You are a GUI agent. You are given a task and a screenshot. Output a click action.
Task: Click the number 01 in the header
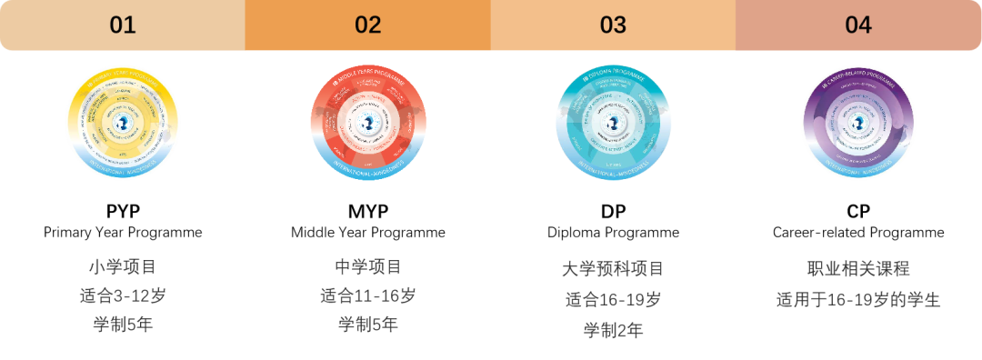click(x=123, y=25)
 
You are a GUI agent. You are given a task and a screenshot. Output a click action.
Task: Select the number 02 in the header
click(x=367, y=25)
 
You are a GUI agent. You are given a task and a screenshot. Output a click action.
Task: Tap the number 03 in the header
click(x=613, y=25)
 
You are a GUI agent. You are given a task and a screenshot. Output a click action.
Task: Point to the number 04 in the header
click(x=857, y=25)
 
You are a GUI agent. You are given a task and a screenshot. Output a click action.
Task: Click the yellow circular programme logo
click(x=123, y=123)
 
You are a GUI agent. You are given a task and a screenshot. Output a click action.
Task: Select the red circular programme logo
click(x=367, y=123)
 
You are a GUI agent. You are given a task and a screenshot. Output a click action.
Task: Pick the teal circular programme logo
click(x=613, y=123)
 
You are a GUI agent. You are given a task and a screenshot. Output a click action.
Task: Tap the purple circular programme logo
click(x=857, y=123)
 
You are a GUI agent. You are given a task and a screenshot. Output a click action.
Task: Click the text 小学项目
click(x=123, y=267)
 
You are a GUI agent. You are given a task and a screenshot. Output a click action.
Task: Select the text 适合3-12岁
click(x=123, y=295)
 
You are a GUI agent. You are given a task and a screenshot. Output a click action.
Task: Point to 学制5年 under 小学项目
click(x=123, y=325)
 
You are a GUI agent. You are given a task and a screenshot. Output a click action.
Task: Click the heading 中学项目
click(x=367, y=267)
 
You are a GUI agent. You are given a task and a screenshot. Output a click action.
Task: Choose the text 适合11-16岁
click(x=367, y=295)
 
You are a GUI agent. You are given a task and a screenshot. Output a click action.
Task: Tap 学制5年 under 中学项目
click(x=367, y=325)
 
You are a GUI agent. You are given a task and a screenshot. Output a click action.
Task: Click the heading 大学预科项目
click(x=613, y=269)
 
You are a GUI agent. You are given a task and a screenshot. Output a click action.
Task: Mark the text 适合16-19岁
click(x=613, y=299)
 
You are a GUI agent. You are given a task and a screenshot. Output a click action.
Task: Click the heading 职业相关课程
click(x=857, y=269)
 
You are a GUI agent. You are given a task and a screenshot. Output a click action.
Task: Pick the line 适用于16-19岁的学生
click(x=857, y=299)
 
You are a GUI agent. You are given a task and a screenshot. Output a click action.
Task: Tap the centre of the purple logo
click(x=857, y=124)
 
